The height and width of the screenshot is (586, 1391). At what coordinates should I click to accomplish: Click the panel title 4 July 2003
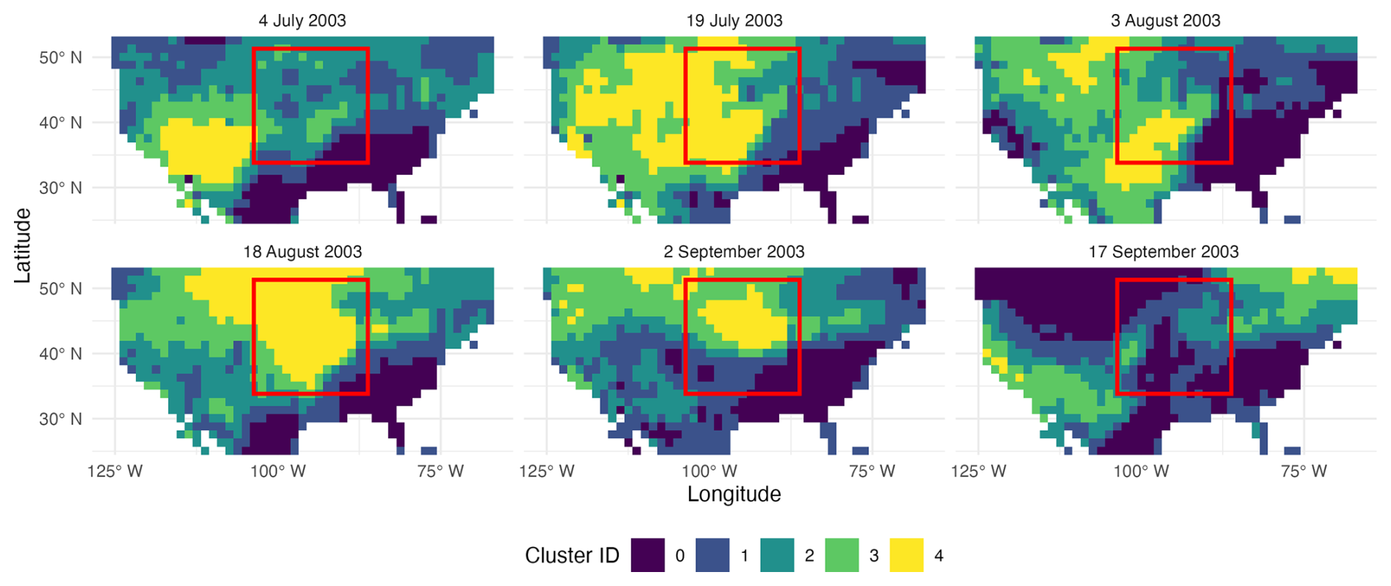point(302,21)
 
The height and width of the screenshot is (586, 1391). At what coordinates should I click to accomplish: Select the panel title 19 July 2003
point(734,21)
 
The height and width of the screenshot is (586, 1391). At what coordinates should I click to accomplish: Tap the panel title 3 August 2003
point(1165,21)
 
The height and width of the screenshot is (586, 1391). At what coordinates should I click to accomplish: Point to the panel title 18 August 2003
point(302,251)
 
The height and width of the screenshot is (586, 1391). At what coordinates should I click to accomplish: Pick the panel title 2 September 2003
point(734,251)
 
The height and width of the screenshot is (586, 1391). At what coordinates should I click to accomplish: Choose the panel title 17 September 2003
point(1163,251)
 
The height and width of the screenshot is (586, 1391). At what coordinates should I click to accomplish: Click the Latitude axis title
point(23,246)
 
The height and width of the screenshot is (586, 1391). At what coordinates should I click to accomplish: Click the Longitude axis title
point(734,494)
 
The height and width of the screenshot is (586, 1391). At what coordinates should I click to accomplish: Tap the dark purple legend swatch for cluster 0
point(648,555)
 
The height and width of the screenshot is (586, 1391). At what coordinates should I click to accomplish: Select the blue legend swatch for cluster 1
point(712,555)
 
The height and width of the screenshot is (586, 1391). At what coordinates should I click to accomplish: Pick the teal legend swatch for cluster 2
point(777,555)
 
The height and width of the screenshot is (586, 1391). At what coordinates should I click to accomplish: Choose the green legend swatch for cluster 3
point(842,555)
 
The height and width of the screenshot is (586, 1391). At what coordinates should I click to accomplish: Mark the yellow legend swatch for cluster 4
point(907,555)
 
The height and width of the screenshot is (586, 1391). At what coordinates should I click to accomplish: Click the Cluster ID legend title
point(572,555)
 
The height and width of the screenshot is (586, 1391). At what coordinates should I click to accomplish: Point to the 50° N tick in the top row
point(60,57)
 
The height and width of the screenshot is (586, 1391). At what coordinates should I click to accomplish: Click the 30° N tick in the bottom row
point(60,419)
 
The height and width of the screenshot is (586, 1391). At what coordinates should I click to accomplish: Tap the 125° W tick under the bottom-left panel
point(115,471)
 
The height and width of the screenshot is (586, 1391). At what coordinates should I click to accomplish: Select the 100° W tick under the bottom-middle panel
point(709,471)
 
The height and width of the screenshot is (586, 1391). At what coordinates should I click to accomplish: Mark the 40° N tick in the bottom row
point(60,354)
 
